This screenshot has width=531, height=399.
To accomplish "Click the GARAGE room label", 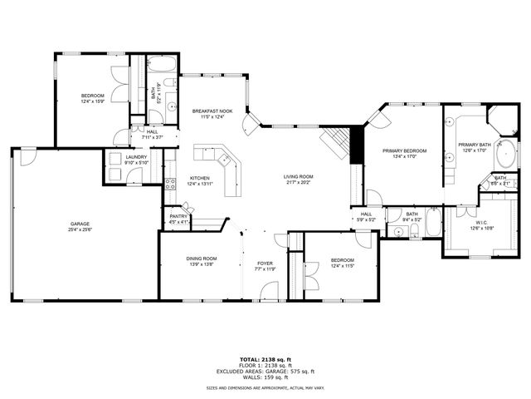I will coord(80,224).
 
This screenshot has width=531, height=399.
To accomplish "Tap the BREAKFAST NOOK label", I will coord(212,111).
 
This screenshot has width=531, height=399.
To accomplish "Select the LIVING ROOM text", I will coord(298,175).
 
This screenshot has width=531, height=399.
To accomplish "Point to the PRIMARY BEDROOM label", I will coord(403,150).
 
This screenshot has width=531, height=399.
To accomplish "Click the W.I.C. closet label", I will coord(481,222).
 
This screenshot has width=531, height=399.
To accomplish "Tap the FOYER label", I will coord(265,263).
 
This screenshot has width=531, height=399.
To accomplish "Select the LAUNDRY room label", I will coord(136,157).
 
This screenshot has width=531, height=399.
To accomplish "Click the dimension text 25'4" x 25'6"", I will coord(80,230).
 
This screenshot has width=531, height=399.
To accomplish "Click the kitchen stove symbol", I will coord(169,185).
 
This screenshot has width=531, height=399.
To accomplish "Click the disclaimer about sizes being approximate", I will coord(265,387).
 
